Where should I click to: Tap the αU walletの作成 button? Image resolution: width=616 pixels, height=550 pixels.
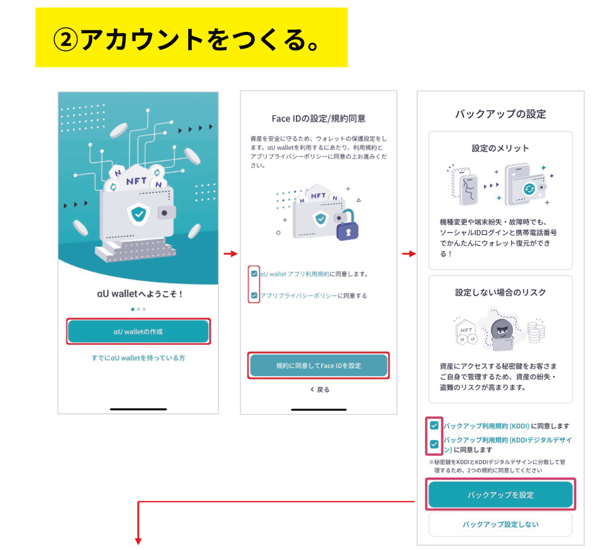(138, 331)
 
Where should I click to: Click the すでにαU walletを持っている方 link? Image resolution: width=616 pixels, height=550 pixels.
(138, 358)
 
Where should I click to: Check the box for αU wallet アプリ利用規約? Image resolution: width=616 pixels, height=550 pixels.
(254, 273)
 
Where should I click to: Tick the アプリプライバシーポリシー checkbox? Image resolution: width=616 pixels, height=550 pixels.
(254, 295)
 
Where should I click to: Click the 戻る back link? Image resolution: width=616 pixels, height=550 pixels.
(320, 389)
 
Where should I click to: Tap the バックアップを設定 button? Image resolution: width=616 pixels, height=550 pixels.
(500, 494)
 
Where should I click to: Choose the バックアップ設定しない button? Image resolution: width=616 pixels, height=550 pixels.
(500, 524)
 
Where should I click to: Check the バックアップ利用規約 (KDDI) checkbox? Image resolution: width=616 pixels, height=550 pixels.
(434, 425)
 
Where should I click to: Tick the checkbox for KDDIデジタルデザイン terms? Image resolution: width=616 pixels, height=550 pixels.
(434, 444)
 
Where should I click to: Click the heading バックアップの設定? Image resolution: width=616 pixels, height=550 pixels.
(500, 114)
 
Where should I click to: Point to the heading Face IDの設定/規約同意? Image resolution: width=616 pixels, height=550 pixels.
(318, 118)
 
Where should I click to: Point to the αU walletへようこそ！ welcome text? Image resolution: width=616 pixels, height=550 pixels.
(140, 293)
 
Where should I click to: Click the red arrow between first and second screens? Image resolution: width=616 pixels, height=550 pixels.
(231, 253)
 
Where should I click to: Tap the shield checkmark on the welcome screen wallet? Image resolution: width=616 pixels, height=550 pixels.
(138, 214)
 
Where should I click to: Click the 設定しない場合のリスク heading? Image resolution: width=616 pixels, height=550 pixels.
(500, 292)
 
